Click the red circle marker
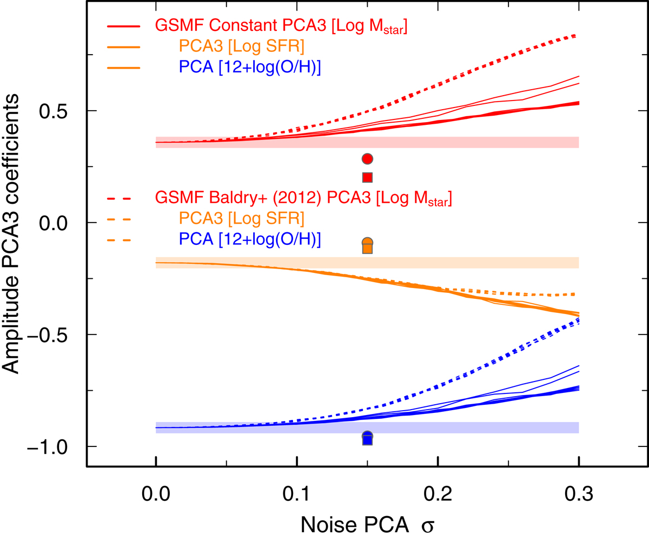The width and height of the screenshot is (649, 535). tap(368, 159)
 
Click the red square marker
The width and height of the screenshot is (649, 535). tap(368, 177)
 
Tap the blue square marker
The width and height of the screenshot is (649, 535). tap(368, 440)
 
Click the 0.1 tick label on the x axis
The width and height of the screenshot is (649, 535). tap(297, 494)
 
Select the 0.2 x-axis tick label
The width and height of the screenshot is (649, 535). tap(438, 494)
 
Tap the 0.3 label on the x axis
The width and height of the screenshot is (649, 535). tap(579, 494)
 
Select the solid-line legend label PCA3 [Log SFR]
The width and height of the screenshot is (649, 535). tap(243, 48)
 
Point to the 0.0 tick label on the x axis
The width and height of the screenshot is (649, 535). tap(156, 494)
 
